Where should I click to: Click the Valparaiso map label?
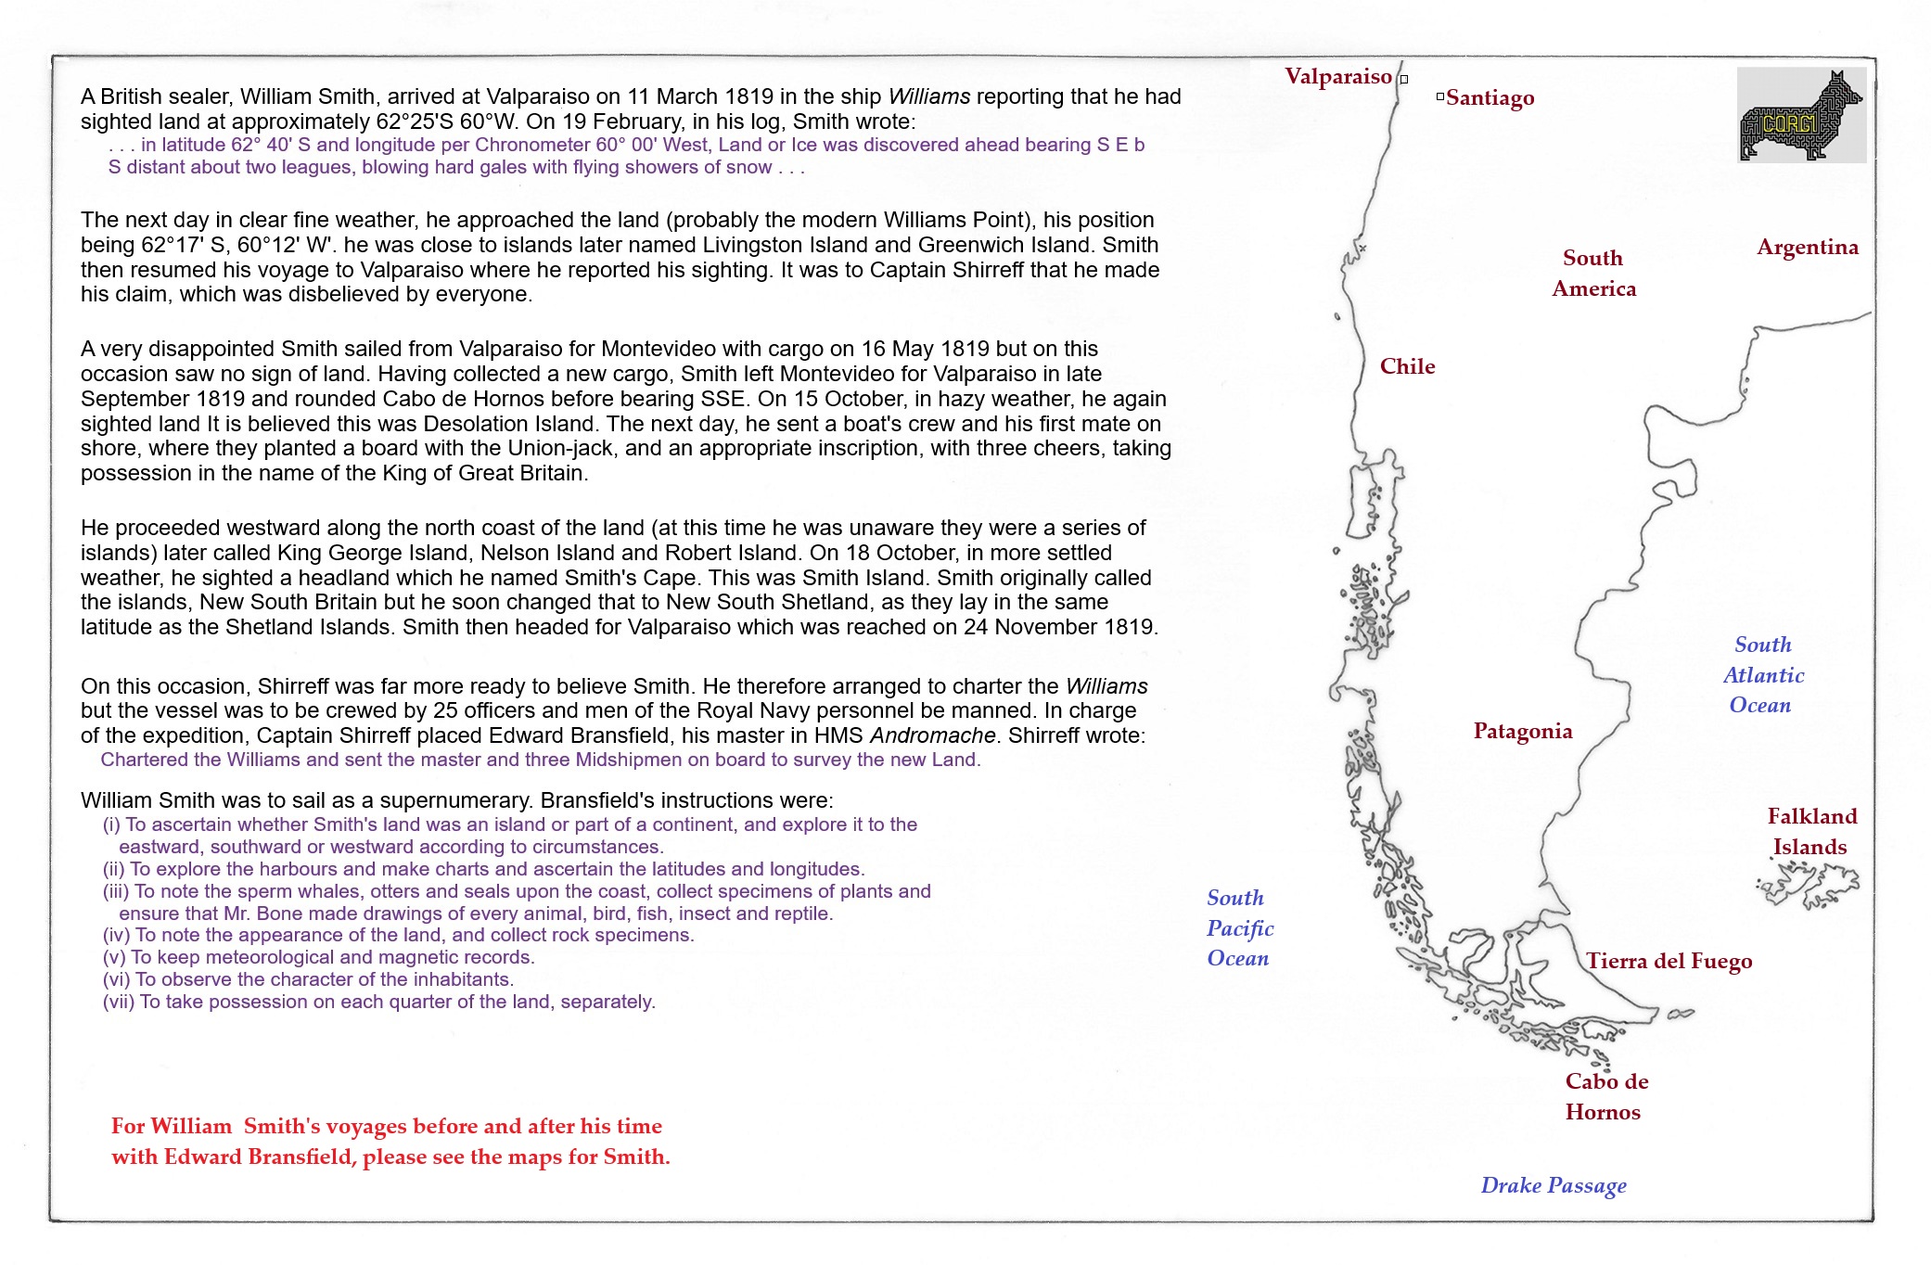[1337, 77]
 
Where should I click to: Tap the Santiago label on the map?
[1490, 98]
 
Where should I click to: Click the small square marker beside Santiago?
[1439, 96]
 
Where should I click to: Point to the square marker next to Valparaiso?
[1404, 80]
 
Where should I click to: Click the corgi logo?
[1800, 116]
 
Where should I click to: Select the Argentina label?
[1807, 248]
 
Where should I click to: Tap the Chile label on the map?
[1407, 367]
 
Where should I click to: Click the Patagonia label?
[1522, 732]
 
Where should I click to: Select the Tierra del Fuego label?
[1669, 962]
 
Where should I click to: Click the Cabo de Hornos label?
[1605, 1096]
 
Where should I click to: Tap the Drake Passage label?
[1553, 1186]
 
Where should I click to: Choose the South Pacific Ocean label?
[1239, 928]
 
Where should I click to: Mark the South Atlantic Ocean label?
[1762, 675]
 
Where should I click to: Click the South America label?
[1593, 274]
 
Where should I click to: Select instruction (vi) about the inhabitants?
[308, 980]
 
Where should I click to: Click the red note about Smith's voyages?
[390, 1142]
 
